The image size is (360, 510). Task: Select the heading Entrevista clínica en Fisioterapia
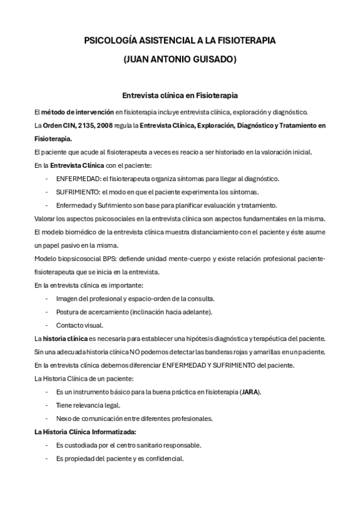[x=180, y=95]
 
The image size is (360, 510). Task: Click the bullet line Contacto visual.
[x=79, y=325]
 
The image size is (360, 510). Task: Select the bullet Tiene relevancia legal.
[x=88, y=405]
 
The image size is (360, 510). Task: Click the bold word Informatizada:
[x=113, y=432]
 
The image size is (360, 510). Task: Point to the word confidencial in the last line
[x=163, y=458]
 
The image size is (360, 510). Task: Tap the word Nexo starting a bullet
[x=64, y=419]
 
